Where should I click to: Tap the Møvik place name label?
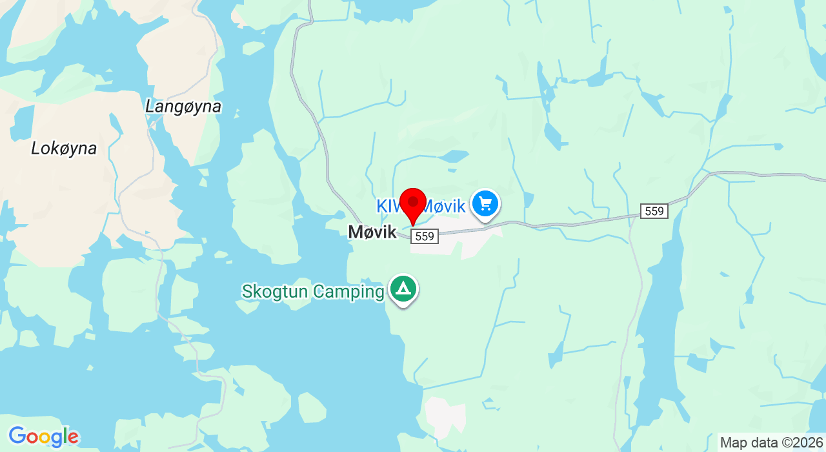pos(372,232)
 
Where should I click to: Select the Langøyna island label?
pos(183,107)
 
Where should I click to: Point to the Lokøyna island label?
pos(64,149)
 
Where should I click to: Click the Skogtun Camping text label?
pos(313,292)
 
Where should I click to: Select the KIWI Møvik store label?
pos(421,207)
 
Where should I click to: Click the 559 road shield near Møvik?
pos(425,236)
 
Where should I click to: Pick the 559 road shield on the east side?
pos(654,211)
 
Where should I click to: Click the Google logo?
pos(43,437)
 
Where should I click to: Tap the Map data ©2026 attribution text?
pos(771,443)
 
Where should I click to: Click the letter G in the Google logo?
pos(17,437)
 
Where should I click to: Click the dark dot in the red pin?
pos(413,201)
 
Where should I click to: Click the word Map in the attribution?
pos(732,443)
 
